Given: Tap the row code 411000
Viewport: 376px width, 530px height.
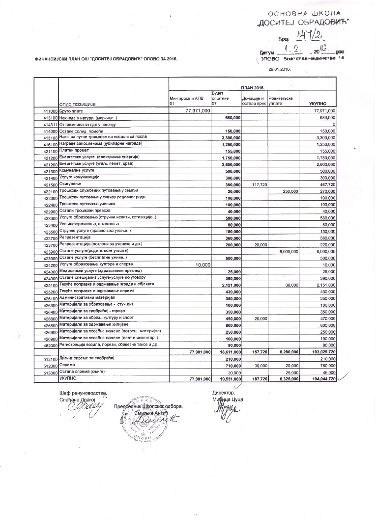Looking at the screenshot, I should pyautogui.click(x=47, y=112).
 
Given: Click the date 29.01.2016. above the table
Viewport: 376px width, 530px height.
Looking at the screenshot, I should pyautogui.click(x=279, y=69).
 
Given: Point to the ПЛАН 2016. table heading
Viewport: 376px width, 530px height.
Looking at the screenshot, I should pyautogui.click(x=253, y=87).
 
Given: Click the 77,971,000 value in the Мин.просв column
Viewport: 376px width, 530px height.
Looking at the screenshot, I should pyautogui.click(x=197, y=111).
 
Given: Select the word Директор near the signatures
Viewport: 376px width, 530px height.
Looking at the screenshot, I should pyautogui.click(x=223, y=393).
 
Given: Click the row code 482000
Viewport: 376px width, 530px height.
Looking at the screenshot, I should pyautogui.click(x=47, y=345).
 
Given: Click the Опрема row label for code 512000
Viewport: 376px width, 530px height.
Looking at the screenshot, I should pyautogui.click(x=67, y=365).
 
